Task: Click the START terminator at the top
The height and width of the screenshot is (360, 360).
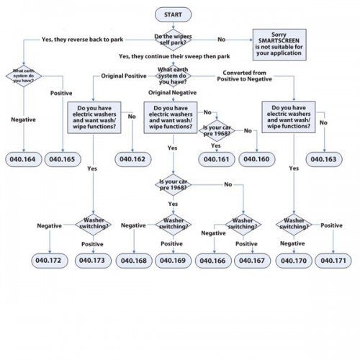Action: (174, 14)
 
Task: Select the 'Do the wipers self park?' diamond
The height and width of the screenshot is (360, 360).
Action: (174, 40)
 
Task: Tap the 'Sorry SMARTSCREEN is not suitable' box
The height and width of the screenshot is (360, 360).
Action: (279, 45)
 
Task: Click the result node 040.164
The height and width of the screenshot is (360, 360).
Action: (24, 159)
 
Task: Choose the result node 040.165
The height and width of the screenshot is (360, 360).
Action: (63, 159)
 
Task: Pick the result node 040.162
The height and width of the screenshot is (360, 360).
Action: (133, 159)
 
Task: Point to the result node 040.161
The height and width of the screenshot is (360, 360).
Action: (217, 159)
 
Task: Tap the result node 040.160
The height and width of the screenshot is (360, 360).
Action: (257, 159)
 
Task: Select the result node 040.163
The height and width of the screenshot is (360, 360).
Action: (324, 159)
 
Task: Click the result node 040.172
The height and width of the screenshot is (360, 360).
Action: (50, 261)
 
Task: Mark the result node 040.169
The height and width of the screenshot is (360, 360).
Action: (174, 261)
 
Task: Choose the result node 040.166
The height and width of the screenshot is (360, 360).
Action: (213, 261)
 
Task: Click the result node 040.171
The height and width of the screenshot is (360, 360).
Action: (333, 261)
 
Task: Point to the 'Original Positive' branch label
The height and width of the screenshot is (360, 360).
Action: (124, 76)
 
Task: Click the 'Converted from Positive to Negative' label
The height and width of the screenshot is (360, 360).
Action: (245, 76)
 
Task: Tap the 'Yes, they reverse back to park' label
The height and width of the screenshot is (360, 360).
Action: (83, 40)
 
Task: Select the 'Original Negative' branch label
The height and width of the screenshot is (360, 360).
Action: (172, 92)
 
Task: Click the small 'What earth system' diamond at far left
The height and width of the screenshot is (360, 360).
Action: (24, 76)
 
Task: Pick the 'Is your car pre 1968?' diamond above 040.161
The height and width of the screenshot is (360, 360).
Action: (217, 130)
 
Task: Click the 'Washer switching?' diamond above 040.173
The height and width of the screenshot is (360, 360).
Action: (94, 225)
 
